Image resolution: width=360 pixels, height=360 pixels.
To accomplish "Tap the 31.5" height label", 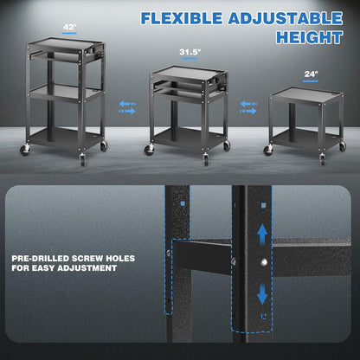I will [190, 52].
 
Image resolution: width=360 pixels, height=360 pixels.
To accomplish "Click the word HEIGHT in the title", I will [309, 37].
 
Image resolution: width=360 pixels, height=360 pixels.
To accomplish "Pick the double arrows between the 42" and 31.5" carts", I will [127, 107].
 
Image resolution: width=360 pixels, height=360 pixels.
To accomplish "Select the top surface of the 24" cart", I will [303, 90].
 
